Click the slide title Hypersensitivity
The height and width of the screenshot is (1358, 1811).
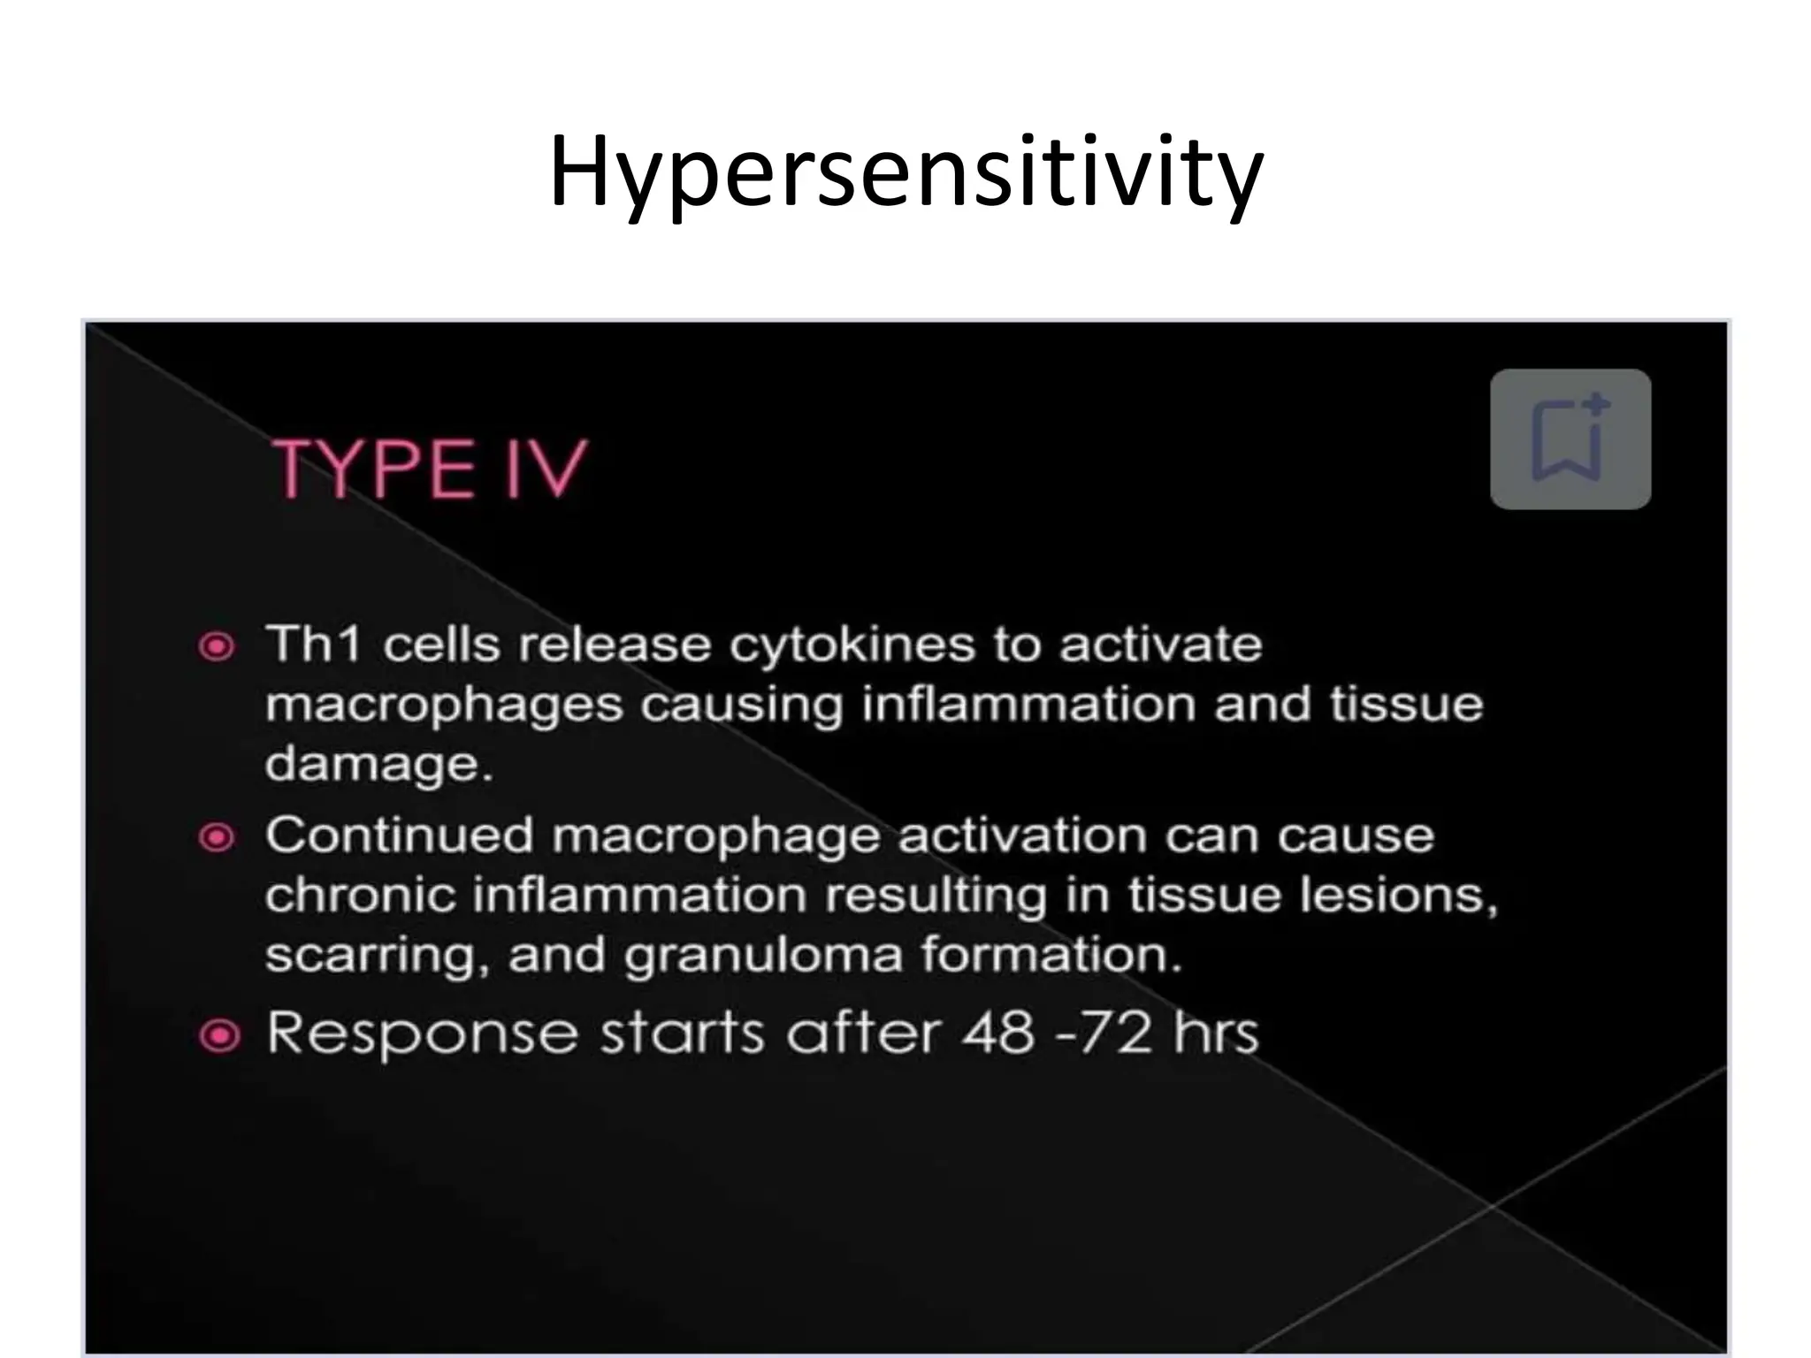pos(905,172)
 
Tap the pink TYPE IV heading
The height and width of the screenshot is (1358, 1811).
pos(430,469)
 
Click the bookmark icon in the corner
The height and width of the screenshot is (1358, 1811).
pos(1570,439)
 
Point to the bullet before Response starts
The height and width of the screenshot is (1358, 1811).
pos(219,1035)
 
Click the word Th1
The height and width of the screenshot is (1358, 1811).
pos(314,644)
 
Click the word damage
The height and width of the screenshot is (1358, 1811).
pos(378,764)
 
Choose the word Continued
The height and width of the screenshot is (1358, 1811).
pos(400,835)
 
